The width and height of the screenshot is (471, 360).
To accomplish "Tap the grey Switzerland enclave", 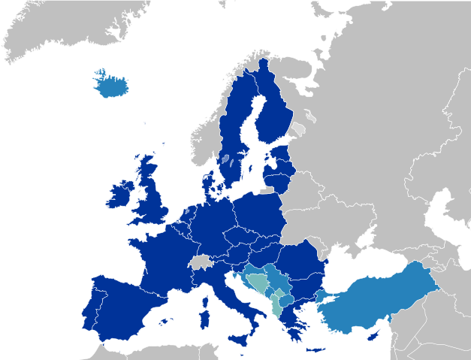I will click(x=201, y=262).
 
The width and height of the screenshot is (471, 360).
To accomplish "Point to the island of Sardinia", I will click(x=205, y=315).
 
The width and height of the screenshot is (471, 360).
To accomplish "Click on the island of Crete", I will click(x=315, y=349).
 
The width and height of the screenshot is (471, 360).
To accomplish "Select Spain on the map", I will click(x=124, y=301).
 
